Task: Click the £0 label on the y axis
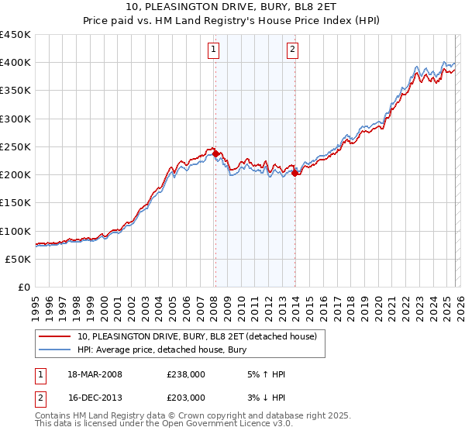point(23,287)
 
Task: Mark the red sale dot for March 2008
point(215,153)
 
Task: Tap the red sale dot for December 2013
point(294,173)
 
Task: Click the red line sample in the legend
point(56,337)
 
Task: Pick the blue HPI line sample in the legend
point(56,350)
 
